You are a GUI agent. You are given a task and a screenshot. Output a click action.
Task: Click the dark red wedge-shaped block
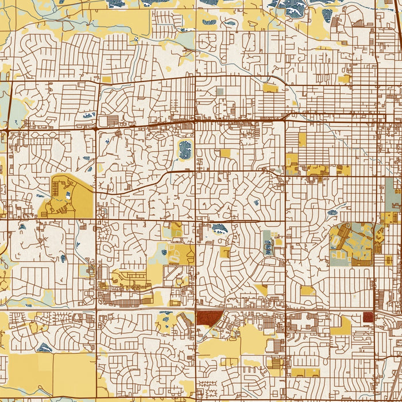[208, 318]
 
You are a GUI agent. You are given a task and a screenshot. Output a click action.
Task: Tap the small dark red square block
[368, 317]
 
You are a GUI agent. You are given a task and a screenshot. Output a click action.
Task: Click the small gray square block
[219, 91]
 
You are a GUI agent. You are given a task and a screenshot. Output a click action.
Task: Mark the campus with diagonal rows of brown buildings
[351, 244]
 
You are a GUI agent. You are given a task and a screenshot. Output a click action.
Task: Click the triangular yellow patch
[262, 290]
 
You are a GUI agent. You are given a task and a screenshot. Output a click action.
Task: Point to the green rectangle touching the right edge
[393, 194]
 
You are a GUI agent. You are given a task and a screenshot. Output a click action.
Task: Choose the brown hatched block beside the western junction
[111, 121]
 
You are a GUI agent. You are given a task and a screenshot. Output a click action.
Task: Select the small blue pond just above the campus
[334, 212]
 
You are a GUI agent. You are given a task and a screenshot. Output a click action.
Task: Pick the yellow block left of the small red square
[341, 326]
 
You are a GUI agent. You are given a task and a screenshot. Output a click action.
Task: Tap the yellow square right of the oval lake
[225, 153]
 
